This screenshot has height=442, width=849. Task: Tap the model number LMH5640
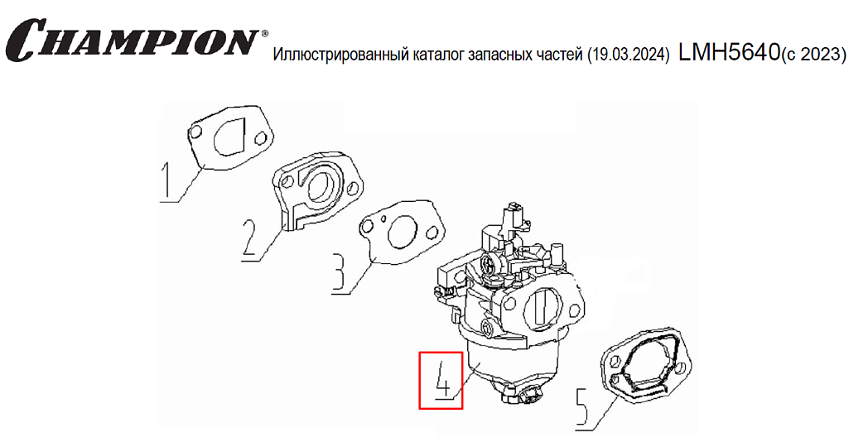click(x=728, y=52)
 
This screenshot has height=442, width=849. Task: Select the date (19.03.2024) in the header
click(x=629, y=55)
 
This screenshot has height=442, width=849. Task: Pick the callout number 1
click(x=168, y=182)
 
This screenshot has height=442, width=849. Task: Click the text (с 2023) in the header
click(x=813, y=55)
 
